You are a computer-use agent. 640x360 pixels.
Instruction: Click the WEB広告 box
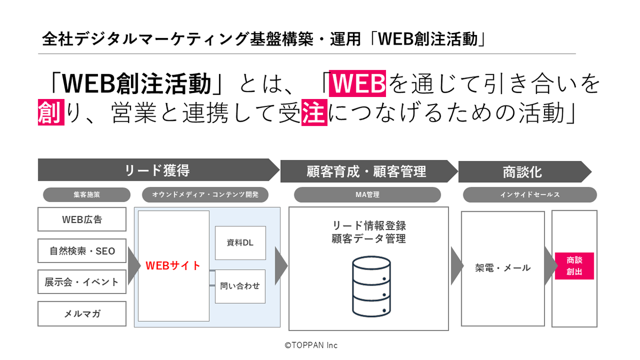[82, 219]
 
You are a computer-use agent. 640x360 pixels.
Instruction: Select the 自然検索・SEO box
[82, 251]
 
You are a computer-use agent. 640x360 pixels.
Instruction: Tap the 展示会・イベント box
[82, 282]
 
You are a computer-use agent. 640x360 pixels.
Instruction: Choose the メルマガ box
[82, 313]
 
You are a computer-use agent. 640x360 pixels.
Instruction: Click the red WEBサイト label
[173, 265]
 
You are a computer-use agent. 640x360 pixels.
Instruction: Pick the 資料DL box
[240, 243]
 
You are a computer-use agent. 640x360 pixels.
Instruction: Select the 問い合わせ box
[240, 286]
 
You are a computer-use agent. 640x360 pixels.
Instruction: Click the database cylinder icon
[371, 287]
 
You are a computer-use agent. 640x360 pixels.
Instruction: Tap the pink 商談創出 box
[574, 266]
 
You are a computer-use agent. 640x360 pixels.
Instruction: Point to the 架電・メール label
[503, 268]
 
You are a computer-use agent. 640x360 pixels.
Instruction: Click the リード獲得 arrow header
[157, 170]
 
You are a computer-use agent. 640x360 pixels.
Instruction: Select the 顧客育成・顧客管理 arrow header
[367, 171]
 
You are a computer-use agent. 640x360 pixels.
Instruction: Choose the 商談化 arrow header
[522, 172]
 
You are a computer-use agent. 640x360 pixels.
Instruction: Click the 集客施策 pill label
[87, 195]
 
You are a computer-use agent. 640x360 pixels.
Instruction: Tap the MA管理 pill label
[367, 195]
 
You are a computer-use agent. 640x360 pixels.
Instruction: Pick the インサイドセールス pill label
[530, 195]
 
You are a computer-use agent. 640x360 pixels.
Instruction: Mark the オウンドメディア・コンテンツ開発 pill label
[205, 195]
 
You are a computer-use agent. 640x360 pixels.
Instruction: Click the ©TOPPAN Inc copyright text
[311, 345]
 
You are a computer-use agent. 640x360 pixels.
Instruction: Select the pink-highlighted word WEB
[357, 84]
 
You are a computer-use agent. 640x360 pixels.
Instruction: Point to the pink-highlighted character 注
[314, 113]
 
